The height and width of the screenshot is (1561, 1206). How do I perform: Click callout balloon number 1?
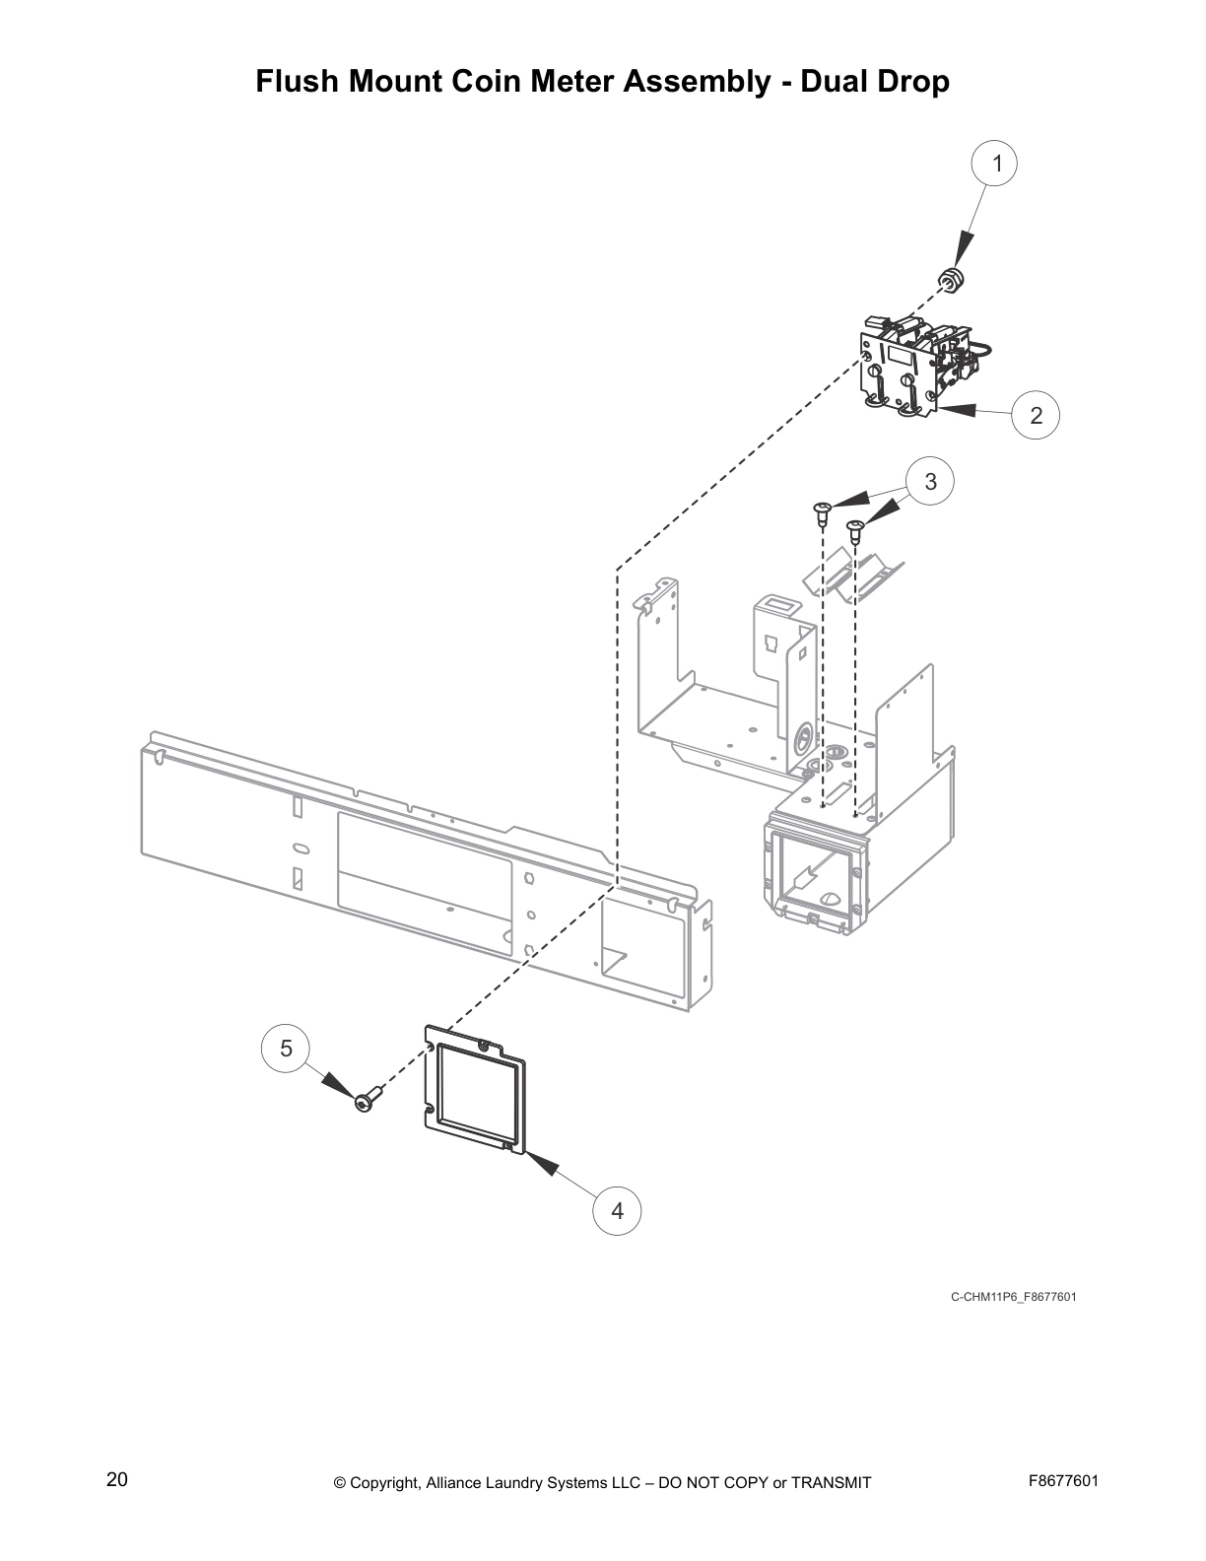click(996, 164)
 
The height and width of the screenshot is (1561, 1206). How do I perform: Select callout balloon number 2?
click(1036, 416)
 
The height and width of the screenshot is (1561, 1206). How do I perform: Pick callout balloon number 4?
click(618, 1210)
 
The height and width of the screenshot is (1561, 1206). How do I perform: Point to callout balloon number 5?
click(286, 1048)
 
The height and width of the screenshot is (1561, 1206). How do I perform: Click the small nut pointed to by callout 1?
click(951, 281)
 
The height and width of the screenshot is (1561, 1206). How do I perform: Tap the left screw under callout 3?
click(821, 510)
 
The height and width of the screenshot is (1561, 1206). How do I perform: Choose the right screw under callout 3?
click(854, 531)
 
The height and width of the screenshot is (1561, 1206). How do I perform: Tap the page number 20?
click(116, 1480)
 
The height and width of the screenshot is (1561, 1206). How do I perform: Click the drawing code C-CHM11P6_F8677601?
click(1013, 1296)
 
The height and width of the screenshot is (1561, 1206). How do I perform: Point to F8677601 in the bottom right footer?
click(1063, 1481)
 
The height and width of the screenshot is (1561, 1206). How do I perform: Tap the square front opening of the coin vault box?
click(814, 875)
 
